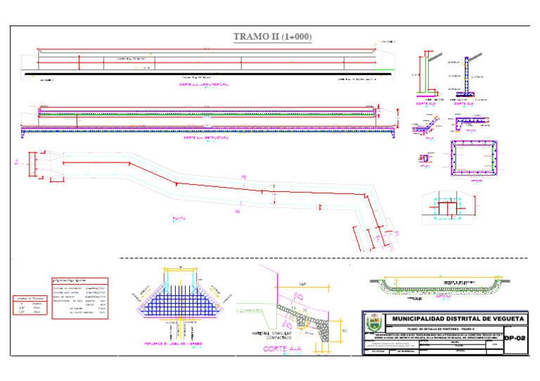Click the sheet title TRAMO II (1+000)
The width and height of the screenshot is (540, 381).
pyautogui.click(x=272, y=37)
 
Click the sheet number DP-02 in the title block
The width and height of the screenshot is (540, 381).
pyautogui.click(x=515, y=338)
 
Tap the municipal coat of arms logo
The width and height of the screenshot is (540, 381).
pyautogui.click(x=373, y=325)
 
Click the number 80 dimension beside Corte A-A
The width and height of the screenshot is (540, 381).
pyautogui.click(x=344, y=330)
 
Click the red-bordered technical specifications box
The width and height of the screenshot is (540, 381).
pyautogui.click(x=79, y=297)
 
